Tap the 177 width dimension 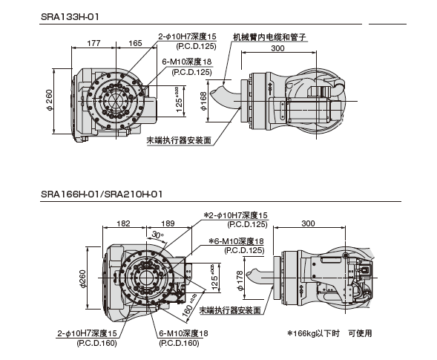pyautogui.click(x=94, y=45)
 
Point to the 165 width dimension pyautogui.click(x=136, y=45)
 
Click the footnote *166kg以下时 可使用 pyautogui.click(x=329, y=333)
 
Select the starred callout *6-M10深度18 pyautogui.click(x=236, y=241)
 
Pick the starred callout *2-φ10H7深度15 pyautogui.click(x=235, y=215)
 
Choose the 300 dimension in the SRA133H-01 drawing pyautogui.click(x=277, y=48)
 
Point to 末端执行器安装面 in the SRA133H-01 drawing pyautogui.click(x=178, y=139)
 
